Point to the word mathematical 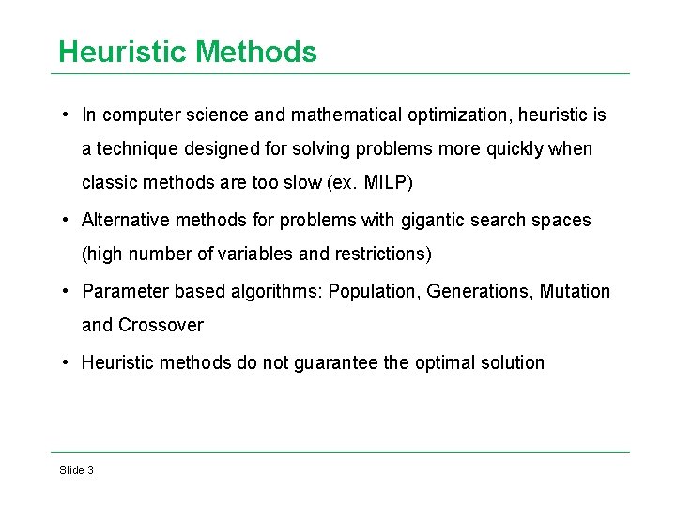point(347,115)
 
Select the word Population point(372,291)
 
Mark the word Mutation point(576,291)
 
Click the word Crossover point(161,326)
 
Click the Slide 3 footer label point(76,469)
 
